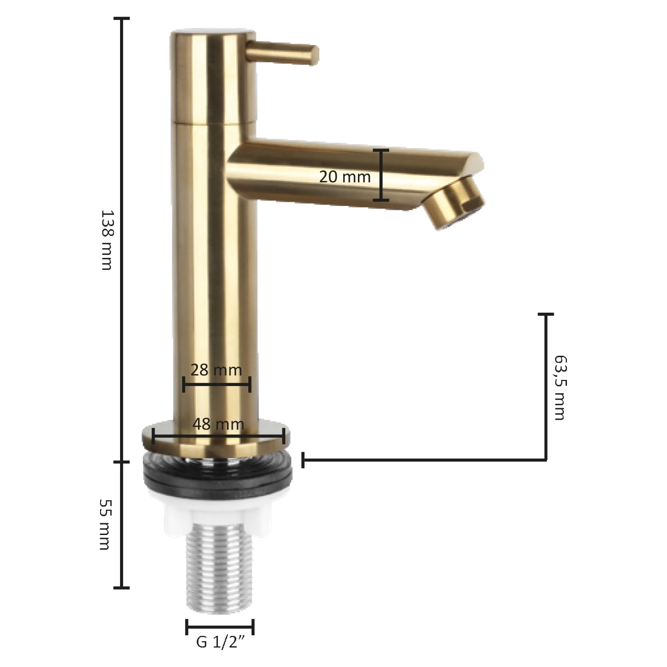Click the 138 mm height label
107,240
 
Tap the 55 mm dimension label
105,524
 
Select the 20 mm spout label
345,177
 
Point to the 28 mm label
216,370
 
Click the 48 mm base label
218,424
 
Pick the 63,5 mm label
560,387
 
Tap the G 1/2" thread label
221,642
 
